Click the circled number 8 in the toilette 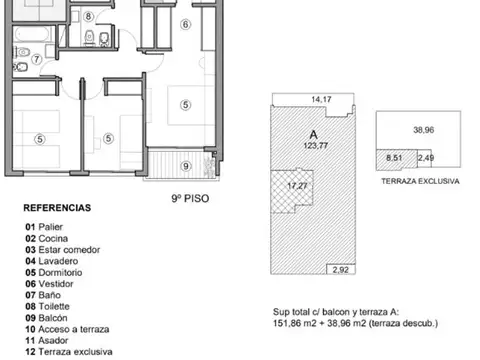(x=88, y=16)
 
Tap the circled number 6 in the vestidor (x=185, y=24)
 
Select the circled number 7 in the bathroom (x=37, y=59)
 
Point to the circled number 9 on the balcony (x=186, y=166)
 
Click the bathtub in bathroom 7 (x=33, y=34)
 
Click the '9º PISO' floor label (x=190, y=198)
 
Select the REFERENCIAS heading (x=57, y=208)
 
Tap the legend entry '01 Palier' (x=44, y=227)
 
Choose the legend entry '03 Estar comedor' (x=63, y=250)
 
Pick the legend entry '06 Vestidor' (x=49, y=284)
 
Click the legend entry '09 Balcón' (x=46, y=318)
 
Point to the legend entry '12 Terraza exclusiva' (x=69, y=352)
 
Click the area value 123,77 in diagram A (x=315, y=146)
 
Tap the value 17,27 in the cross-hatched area (x=297, y=186)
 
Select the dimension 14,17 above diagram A (x=321, y=99)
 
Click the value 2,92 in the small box (x=340, y=270)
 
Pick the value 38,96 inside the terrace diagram (x=424, y=130)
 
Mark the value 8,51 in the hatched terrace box (x=394, y=158)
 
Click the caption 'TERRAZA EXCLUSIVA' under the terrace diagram (x=420, y=181)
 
